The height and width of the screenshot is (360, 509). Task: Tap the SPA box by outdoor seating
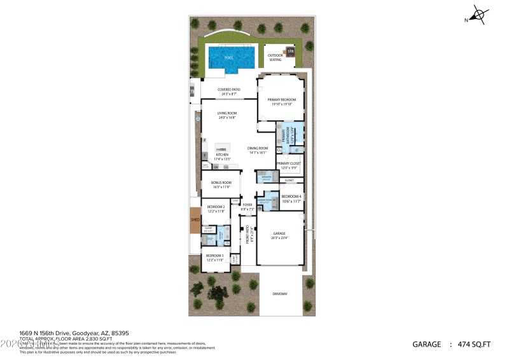point(290,52)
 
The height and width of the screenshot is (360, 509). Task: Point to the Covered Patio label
point(228,91)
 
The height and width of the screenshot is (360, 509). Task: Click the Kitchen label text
point(222,155)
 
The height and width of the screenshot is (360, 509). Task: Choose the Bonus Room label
point(221,184)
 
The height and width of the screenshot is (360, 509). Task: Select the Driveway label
point(280,294)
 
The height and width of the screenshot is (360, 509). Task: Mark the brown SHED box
point(195,219)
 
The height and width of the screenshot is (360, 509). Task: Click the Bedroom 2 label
point(215,208)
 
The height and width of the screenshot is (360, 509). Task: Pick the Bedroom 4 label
point(291,197)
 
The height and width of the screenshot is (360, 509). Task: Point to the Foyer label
point(248,206)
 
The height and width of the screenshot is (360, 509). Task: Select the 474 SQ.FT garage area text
point(474,345)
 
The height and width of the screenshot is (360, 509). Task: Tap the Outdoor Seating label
point(275,58)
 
